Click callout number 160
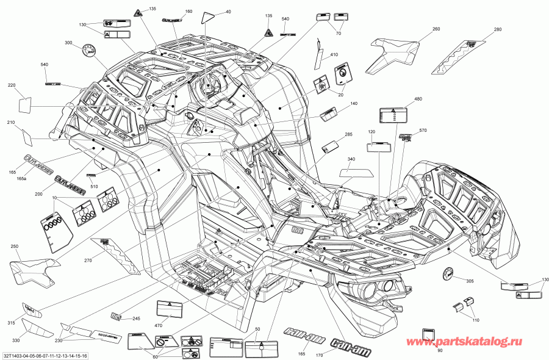click(x=188, y=12)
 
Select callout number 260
click(x=436, y=29)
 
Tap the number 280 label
click(x=497, y=29)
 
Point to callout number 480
click(x=418, y=99)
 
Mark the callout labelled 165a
click(x=21, y=178)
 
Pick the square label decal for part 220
click(x=24, y=104)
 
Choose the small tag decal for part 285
click(x=331, y=145)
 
